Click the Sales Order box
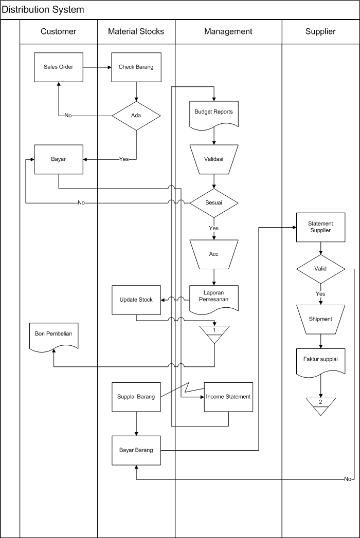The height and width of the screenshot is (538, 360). click(58, 67)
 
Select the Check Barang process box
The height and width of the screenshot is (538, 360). click(136, 67)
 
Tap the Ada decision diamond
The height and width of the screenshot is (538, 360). click(136, 116)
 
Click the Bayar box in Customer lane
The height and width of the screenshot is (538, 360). click(58, 159)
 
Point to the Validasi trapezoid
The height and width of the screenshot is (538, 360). click(213, 159)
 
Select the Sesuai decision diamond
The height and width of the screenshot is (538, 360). click(213, 203)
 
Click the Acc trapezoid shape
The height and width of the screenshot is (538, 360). click(213, 254)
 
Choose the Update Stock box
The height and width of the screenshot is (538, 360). click(136, 300)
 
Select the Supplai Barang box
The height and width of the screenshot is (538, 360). click(136, 397)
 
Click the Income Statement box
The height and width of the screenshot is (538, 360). click(228, 397)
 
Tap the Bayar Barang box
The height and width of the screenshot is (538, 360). click(136, 450)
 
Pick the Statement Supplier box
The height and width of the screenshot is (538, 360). click(320, 227)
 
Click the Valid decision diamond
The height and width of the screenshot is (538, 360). click(320, 269)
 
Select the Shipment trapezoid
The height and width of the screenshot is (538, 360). click(320, 319)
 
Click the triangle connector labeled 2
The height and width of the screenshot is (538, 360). click(320, 403)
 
